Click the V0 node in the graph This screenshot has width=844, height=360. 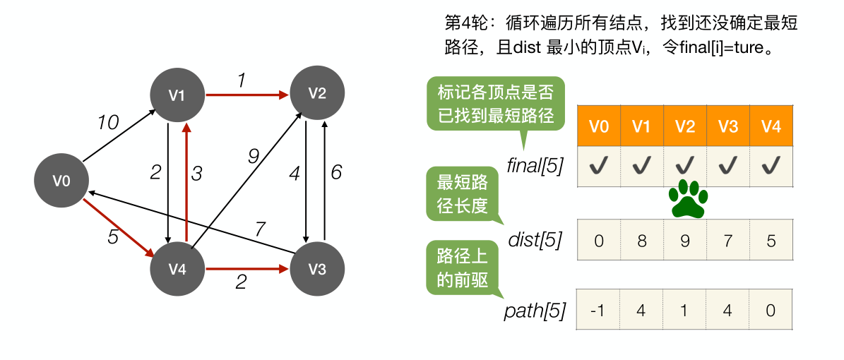pyautogui.click(x=61, y=181)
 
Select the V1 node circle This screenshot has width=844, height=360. pyautogui.click(x=177, y=95)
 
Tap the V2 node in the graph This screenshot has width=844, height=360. pyautogui.click(x=317, y=93)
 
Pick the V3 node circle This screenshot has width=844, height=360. pyautogui.click(x=317, y=270)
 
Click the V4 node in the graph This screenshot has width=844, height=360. pyautogui.click(x=177, y=270)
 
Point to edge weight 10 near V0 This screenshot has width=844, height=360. pyautogui.click(x=108, y=123)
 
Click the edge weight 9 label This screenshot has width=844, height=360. pyautogui.click(x=254, y=156)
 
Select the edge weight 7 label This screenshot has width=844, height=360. pyautogui.click(x=260, y=228)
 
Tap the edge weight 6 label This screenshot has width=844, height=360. pyautogui.click(x=336, y=172)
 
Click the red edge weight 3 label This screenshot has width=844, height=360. pyautogui.click(x=198, y=172)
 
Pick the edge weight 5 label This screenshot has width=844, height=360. pyautogui.click(x=113, y=237)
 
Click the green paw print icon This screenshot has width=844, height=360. pyautogui.click(x=688, y=200)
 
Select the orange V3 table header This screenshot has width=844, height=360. pyautogui.click(x=727, y=127)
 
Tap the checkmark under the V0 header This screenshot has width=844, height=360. pyautogui.click(x=598, y=167)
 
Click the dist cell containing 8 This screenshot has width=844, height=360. pyautogui.click(x=641, y=241)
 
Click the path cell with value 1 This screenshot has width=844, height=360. pyautogui.click(x=684, y=311)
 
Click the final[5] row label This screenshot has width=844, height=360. pyautogui.click(x=535, y=167)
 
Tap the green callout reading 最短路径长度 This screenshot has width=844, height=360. pyautogui.click(x=462, y=195)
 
